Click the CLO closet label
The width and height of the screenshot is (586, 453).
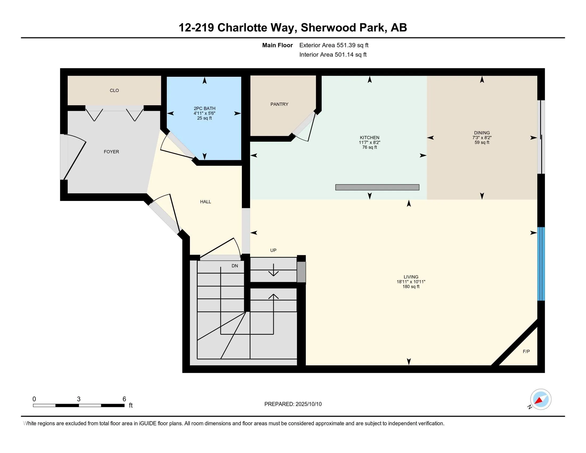tap(114, 90)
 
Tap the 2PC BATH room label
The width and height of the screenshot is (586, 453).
tap(205, 108)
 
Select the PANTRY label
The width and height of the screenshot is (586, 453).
tap(279, 104)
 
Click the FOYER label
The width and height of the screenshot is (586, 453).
tap(111, 152)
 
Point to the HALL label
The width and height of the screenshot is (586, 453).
tap(206, 201)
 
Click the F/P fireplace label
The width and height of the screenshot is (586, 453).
tap(526, 351)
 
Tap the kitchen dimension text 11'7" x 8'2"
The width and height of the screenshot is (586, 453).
tap(369, 143)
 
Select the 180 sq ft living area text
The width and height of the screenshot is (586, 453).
tap(411, 287)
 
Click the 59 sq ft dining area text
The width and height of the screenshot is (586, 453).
tap(482, 143)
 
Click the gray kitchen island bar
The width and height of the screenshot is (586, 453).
tap(377, 187)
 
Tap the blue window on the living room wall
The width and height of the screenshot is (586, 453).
tap(541, 264)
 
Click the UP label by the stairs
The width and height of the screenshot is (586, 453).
tap(273, 250)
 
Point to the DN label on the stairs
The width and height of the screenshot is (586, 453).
tap(234, 266)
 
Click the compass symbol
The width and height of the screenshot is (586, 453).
tap(540, 399)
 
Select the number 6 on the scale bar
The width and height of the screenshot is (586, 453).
tap(124, 399)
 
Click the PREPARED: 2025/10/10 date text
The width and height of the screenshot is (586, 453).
tap(293, 404)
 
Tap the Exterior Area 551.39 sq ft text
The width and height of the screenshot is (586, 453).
tap(334, 45)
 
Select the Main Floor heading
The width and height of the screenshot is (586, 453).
tap(277, 45)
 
